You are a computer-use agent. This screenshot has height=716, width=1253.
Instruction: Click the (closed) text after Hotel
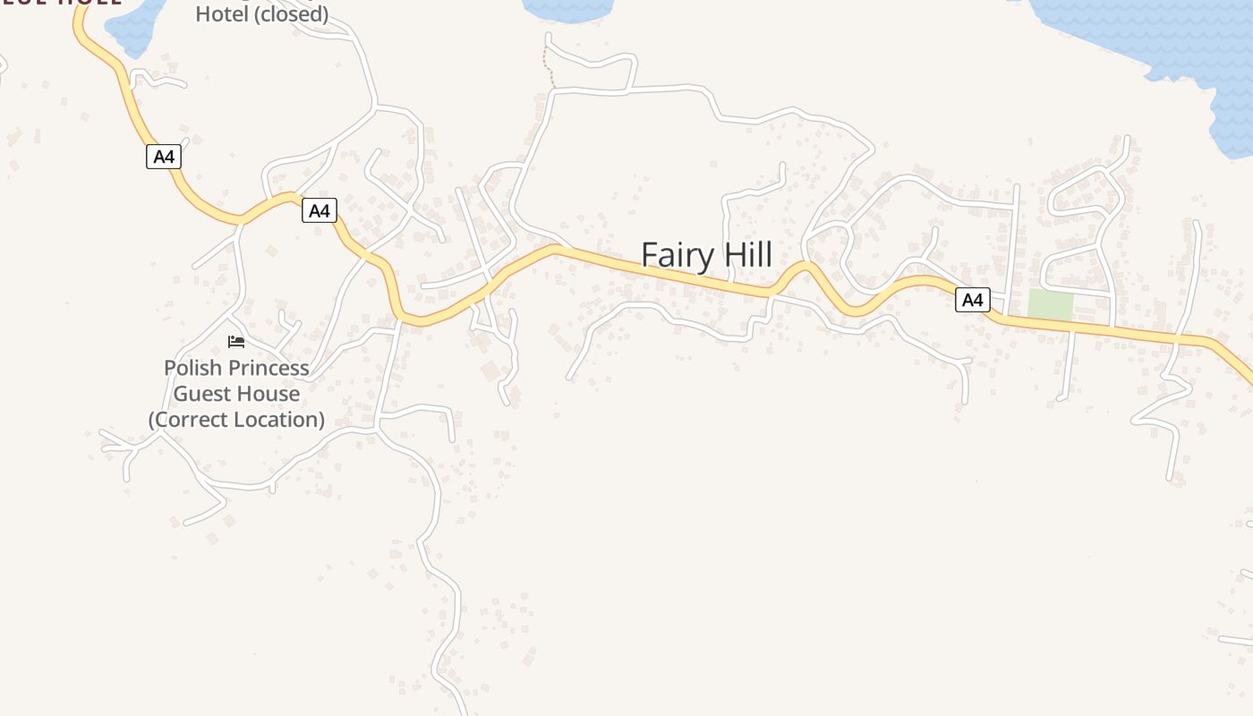(292, 14)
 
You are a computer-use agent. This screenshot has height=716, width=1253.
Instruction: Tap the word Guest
(199, 394)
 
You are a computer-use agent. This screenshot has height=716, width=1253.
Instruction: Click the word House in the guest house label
(267, 394)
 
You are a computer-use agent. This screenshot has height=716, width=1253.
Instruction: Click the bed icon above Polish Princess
(236, 342)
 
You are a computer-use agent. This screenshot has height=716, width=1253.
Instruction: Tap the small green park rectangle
(1050, 304)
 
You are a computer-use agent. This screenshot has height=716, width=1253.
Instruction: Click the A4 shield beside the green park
(972, 300)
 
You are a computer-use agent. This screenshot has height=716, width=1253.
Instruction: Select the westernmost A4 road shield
(163, 157)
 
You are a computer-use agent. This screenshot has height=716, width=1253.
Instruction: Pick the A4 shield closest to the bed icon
(319, 211)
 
